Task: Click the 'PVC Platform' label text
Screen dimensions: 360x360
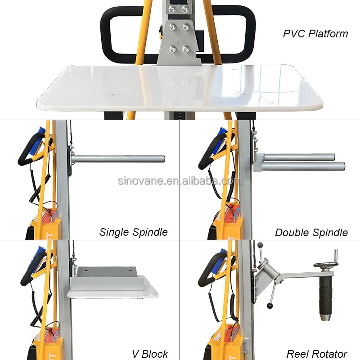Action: [315, 34]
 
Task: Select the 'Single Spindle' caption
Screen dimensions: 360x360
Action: [133, 232]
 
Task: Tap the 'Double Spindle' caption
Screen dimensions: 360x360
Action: [311, 233]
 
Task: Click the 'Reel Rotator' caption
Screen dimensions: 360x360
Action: [317, 354]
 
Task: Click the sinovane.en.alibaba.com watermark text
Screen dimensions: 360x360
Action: [180, 181]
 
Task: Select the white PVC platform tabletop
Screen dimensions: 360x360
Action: [180, 88]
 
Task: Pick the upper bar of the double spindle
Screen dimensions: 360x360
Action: [299, 157]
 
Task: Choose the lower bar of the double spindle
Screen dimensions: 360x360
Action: [304, 166]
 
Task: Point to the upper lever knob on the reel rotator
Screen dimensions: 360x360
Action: [260, 245]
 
